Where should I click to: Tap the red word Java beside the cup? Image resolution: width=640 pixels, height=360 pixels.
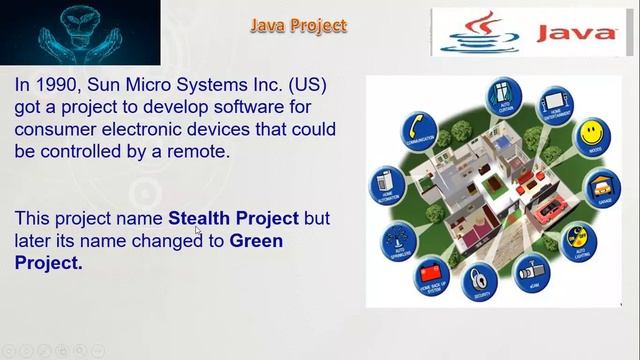click(577, 33)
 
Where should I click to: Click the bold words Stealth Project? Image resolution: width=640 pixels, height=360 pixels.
click(233, 218)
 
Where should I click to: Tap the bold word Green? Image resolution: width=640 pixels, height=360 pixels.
click(256, 241)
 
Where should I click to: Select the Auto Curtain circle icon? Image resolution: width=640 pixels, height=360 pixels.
click(501, 96)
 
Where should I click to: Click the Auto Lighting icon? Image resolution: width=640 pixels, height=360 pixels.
click(579, 239)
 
